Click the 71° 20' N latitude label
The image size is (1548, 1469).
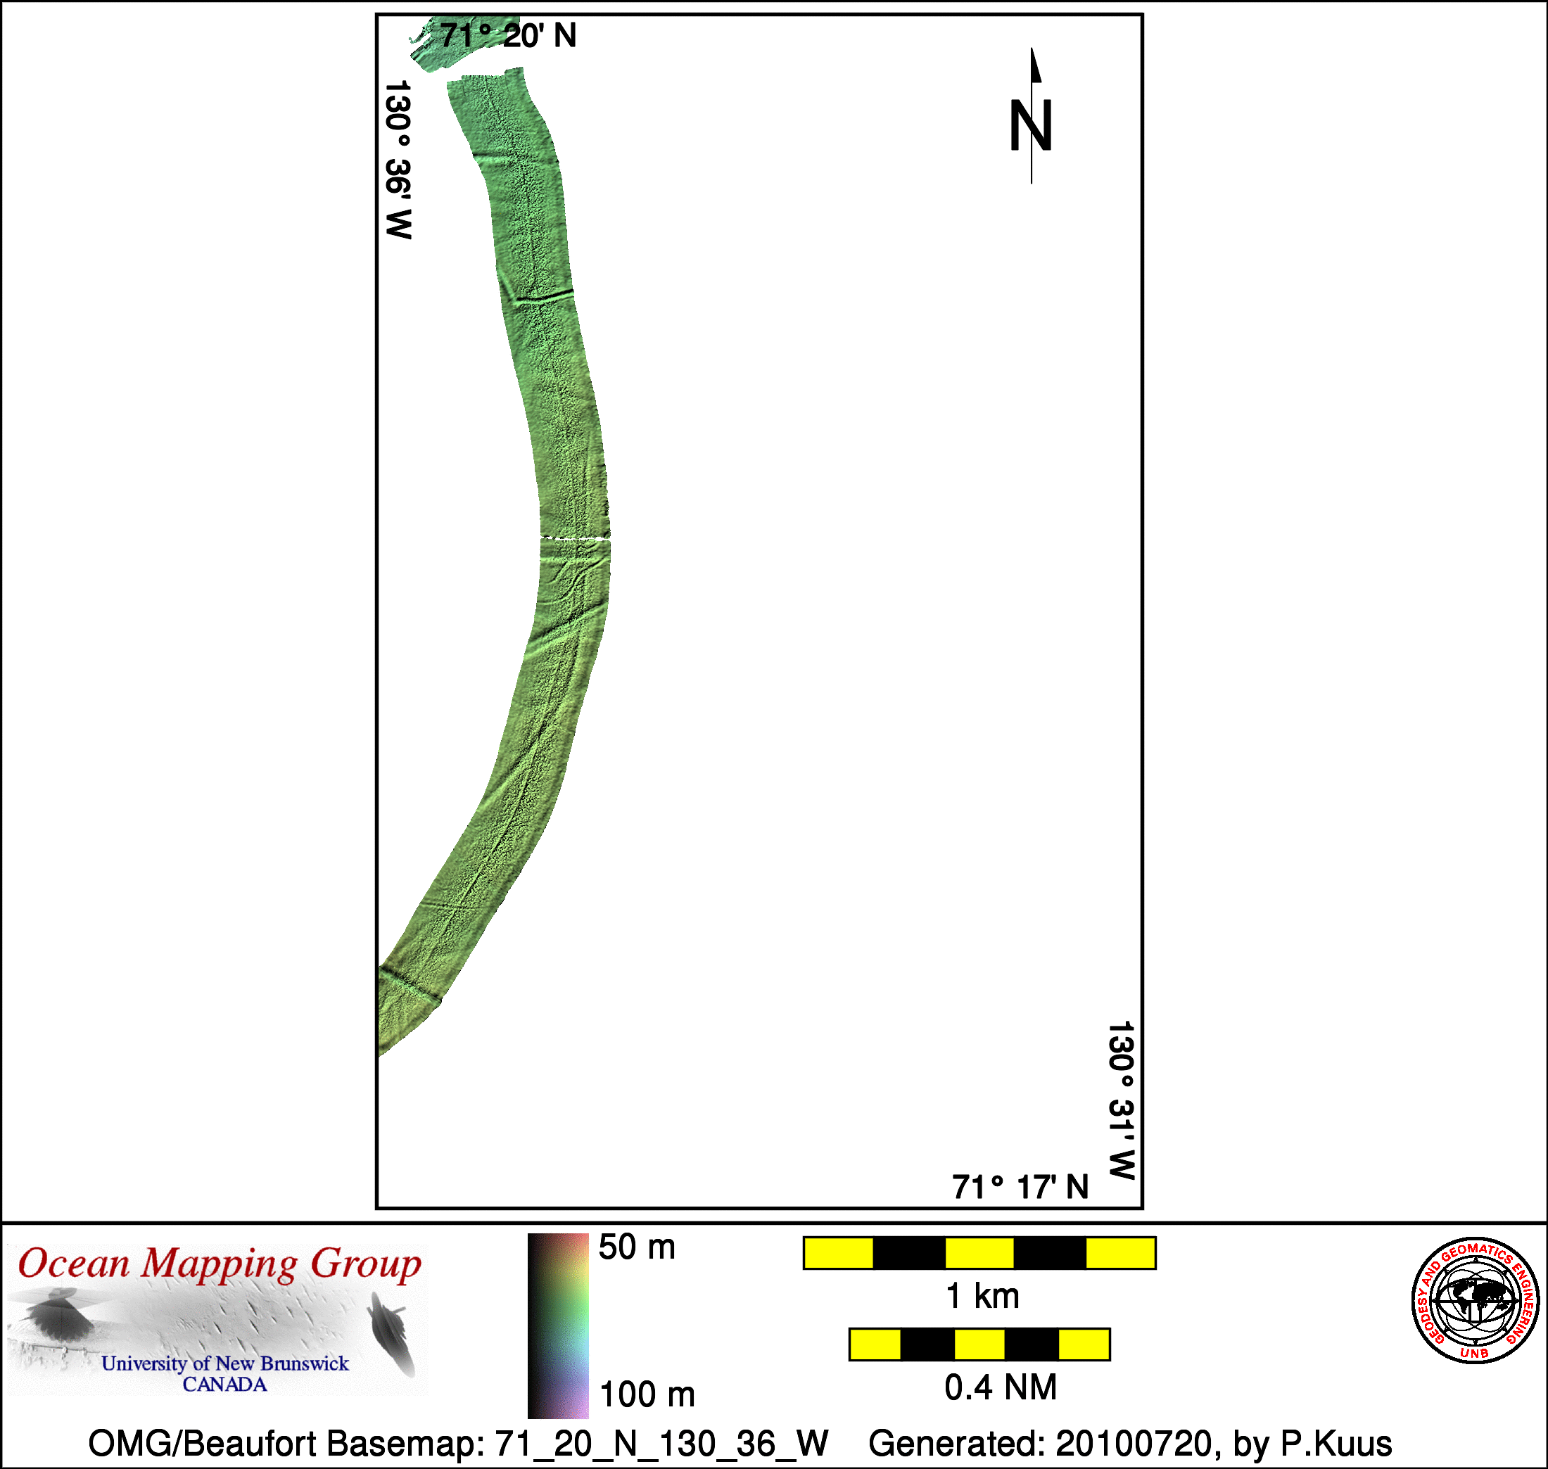coord(508,36)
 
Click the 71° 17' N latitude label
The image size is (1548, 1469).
coord(1020,1187)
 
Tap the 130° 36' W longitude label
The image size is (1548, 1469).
coord(398,159)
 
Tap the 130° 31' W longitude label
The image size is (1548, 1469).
coord(1122,1100)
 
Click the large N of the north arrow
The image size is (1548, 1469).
coord(1030,125)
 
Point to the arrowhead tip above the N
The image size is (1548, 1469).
coord(1032,49)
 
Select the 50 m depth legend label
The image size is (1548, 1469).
coord(637,1247)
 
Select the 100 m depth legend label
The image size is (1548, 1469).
coord(647,1394)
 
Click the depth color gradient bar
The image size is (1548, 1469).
coord(557,1325)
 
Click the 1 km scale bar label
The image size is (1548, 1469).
coord(983,1297)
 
